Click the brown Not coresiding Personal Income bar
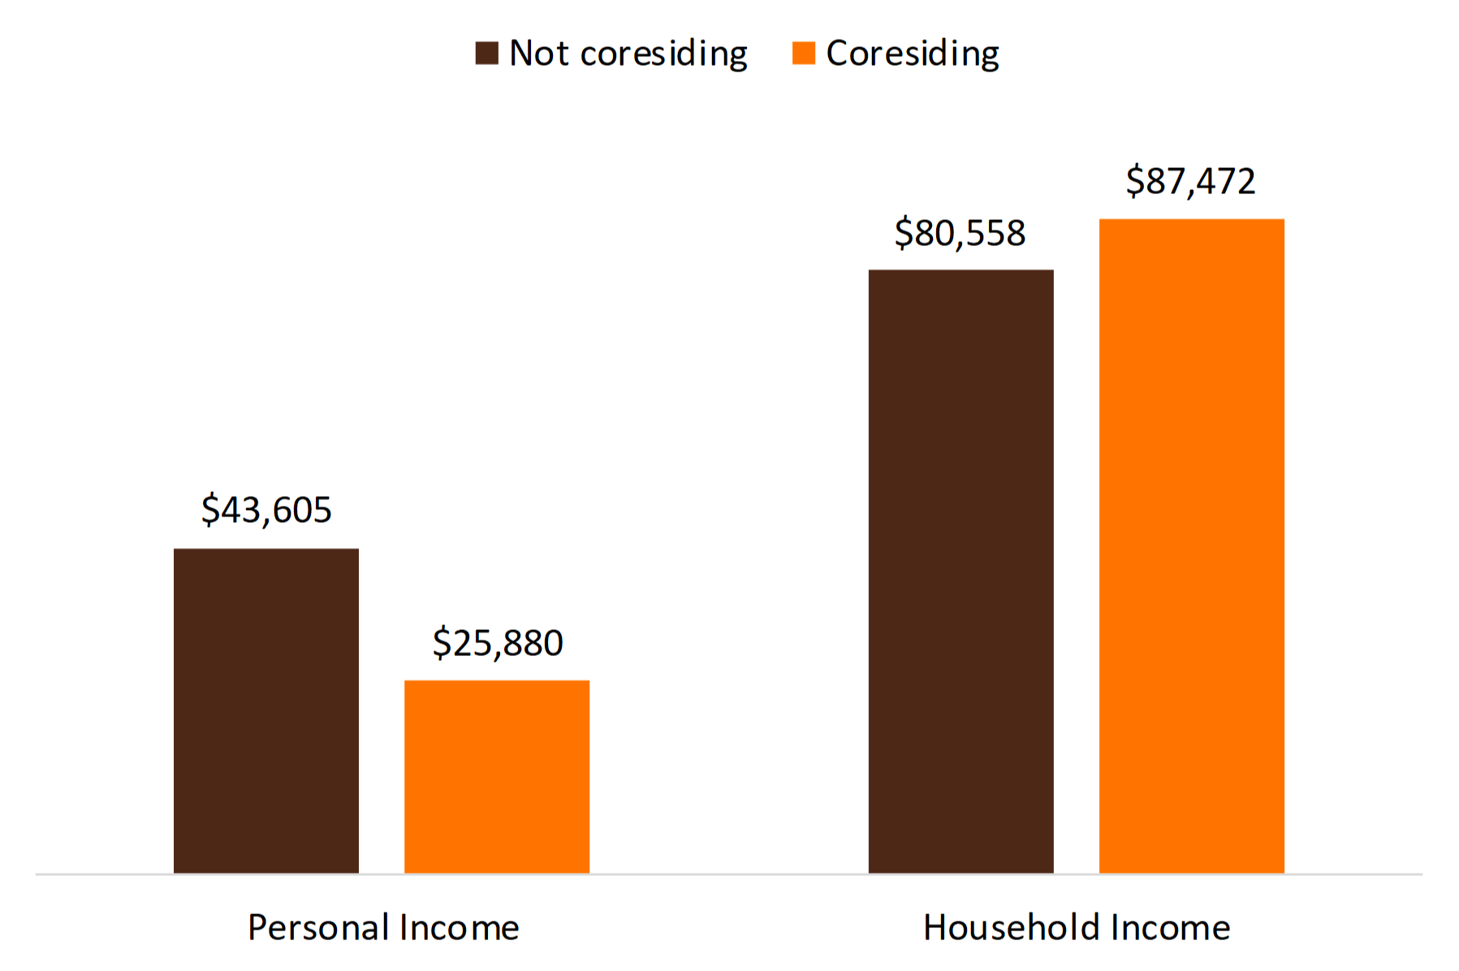(x=265, y=710)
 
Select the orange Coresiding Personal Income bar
(x=496, y=776)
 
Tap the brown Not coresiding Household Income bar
(x=960, y=571)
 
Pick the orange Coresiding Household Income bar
(x=1191, y=546)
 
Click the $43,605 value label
(x=266, y=510)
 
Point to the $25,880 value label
(x=497, y=643)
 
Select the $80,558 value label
(x=960, y=233)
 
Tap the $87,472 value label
(x=1190, y=181)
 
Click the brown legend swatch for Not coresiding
(x=486, y=54)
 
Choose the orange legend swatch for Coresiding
(x=803, y=54)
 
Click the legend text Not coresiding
(x=628, y=54)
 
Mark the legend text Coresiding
(x=912, y=54)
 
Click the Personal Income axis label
(x=383, y=927)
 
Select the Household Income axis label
(x=1076, y=927)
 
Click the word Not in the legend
(x=538, y=54)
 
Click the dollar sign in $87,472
(x=1134, y=181)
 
